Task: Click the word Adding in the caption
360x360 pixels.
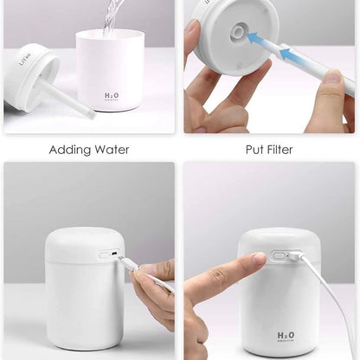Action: click(67, 150)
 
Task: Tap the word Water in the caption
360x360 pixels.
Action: click(111, 150)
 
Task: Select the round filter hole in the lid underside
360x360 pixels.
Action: click(237, 33)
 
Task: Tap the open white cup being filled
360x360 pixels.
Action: click(110, 69)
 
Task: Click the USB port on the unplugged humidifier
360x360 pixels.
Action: click(106, 255)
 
